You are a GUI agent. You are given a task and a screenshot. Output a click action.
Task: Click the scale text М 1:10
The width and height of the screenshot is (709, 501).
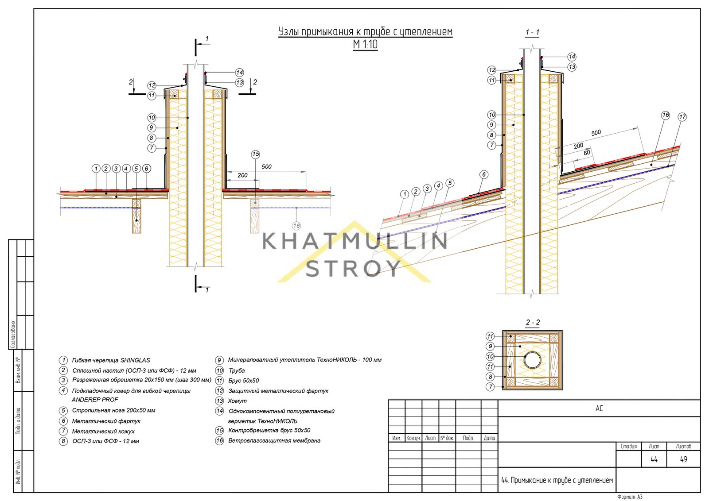365,45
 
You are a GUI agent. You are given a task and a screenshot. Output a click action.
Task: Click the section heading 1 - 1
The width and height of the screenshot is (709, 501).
532,33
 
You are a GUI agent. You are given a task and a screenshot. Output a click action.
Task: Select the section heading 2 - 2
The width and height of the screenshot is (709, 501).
533,323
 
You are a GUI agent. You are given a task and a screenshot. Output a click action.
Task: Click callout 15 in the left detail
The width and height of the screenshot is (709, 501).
255,154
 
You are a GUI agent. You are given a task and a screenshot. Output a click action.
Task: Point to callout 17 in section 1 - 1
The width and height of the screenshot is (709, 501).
682,117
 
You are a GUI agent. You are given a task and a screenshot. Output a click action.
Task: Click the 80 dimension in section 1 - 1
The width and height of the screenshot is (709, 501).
587,153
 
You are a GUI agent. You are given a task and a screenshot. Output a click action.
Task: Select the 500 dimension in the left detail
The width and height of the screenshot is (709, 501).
266,166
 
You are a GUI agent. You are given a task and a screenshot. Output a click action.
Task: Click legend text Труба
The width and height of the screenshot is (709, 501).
237,370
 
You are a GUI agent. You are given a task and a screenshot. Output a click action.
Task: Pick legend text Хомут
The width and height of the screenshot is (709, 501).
237,401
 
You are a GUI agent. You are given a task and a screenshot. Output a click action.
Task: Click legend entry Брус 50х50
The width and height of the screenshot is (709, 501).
243,381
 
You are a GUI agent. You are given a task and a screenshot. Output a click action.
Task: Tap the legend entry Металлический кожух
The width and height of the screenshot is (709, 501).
103,432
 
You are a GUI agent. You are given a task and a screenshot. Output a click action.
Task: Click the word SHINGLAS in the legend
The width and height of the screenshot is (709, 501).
135,360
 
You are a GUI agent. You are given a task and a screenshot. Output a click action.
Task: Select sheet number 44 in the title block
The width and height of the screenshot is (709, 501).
654,459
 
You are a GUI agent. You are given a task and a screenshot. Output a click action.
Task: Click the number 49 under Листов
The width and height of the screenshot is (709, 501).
683,459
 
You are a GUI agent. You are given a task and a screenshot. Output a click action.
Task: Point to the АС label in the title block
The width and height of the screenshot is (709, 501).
599,409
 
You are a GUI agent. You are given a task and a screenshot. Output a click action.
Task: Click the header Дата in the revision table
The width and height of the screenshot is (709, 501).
489,438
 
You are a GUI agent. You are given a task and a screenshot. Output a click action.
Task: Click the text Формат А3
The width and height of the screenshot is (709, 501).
630,497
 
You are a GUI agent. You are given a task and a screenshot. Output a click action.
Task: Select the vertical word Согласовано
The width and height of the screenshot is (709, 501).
13,335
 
